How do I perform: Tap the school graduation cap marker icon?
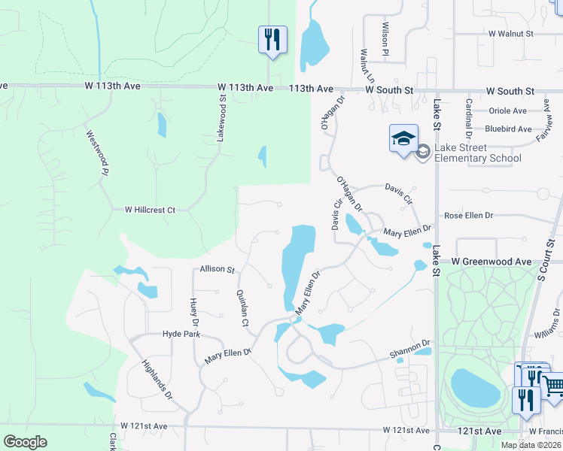(x=403, y=138)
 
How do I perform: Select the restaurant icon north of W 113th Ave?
(x=272, y=38)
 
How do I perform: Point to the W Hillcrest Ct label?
(x=150, y=210)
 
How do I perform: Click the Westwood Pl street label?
(x=94, y=153)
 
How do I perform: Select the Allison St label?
(x=218, y=269)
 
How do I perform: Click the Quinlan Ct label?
(x=242, y=308)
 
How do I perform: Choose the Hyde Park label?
(x=181, y=333)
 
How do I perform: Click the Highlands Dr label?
(x=157, y=379)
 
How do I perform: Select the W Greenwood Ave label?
(x=491, y=262)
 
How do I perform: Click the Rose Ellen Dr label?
(x=468, y=216)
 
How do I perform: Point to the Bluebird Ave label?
(x=508, y=129)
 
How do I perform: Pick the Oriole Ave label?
(x=508, y=110)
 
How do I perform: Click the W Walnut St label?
(x=510, y=34)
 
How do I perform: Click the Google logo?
(x=25, y=441)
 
